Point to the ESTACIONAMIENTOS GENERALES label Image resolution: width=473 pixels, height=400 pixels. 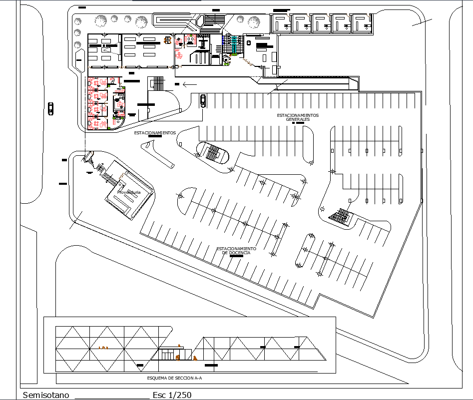[298, 117]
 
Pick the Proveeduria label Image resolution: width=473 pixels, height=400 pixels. [128, 192]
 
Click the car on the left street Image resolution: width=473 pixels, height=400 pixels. [51, 108]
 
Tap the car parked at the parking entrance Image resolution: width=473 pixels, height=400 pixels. [202, 100]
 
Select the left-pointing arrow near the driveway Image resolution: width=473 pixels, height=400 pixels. [190, 84]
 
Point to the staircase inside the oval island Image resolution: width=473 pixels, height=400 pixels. [214, 152]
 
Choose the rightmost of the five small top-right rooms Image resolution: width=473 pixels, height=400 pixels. [362, 23]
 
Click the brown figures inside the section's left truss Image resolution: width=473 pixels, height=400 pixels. [104, 347]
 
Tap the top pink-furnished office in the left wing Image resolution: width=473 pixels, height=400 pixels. [98, 82]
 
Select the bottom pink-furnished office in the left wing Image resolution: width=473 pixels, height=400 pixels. [98, 123]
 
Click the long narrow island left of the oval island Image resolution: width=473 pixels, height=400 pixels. [158, 154]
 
